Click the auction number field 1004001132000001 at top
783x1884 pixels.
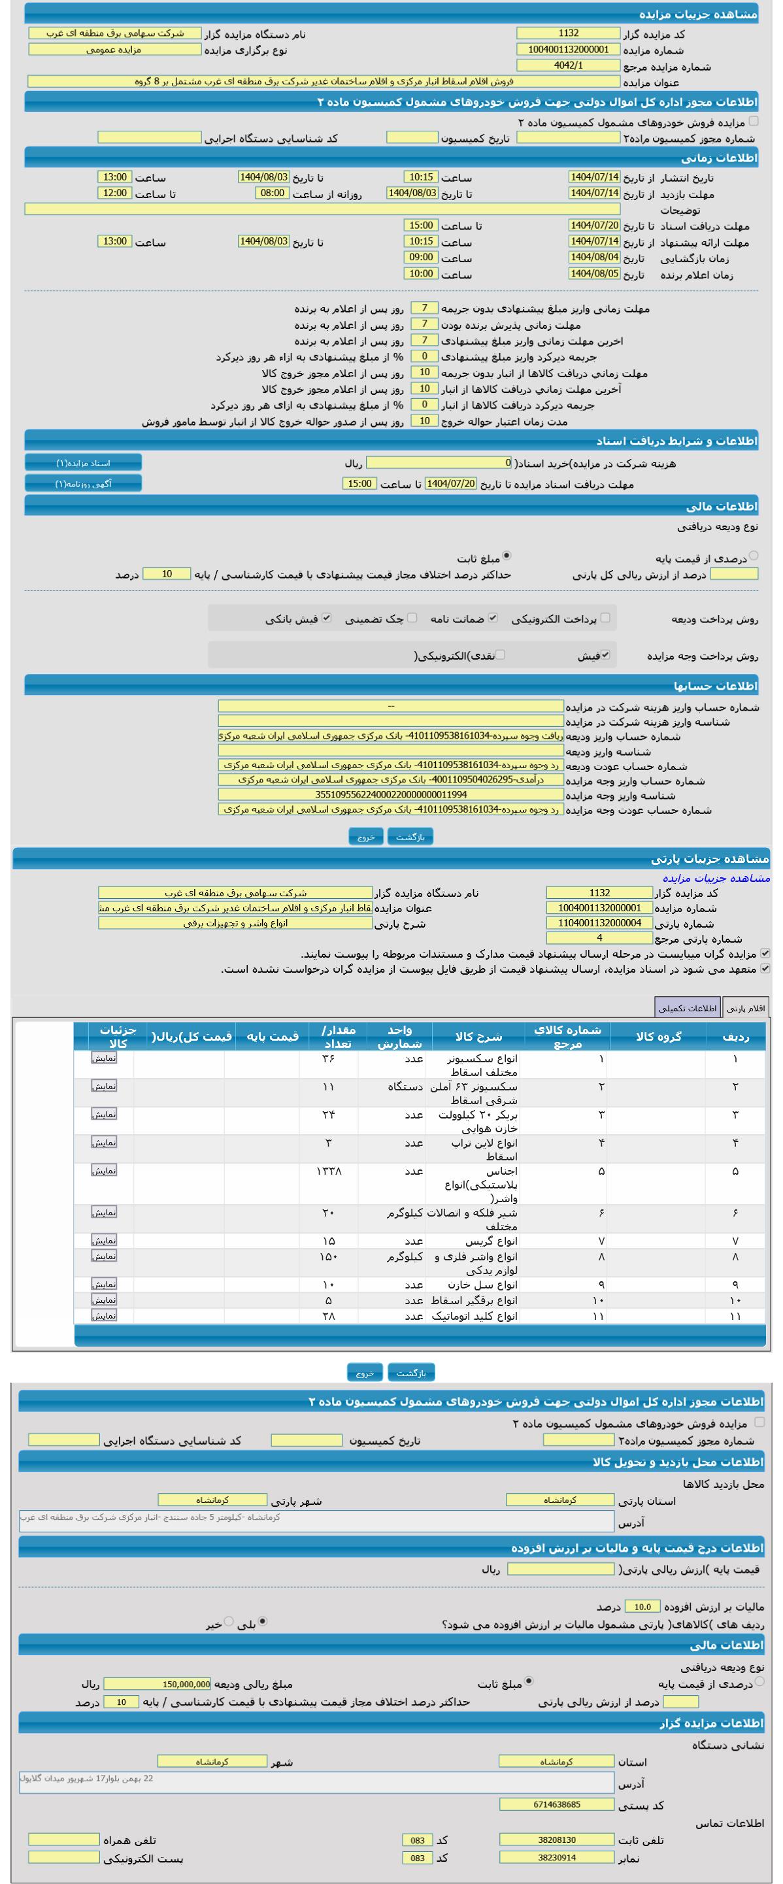pyautogui.click(x=568, y=49)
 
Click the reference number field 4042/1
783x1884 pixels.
pyautogui.click(x=568, y=65)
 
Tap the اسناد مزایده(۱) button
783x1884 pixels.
pyautogui.click(x=84, y=463)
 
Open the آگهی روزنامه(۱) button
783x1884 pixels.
pyautogui.click(x=84, y=484)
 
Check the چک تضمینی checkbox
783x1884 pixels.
pyautogui.click(x=412, y=618)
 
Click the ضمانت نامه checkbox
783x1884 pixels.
pyautogui.click(x=493, y=618)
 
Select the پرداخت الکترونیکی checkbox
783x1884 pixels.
pyautogui.click(x=605, y=618)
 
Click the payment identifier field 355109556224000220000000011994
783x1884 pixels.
pyautogui.click(x=390, y=794)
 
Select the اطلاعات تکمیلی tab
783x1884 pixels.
pyautogui.click(x=687, y=1008)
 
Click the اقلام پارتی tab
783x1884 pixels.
pyautogui.click(x=746, y=1008)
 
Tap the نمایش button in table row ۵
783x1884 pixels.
pyautogui.click(x=104, y=1170)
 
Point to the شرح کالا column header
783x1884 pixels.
pyautogui.click(x=478, y=1036)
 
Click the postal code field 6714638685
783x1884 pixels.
pyautogui.click(x=556, y=1804)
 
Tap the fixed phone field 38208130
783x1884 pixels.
pyautogui.click(x=556, y=1840)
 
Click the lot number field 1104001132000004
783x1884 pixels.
pyautogui.click(x=599, y=923)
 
